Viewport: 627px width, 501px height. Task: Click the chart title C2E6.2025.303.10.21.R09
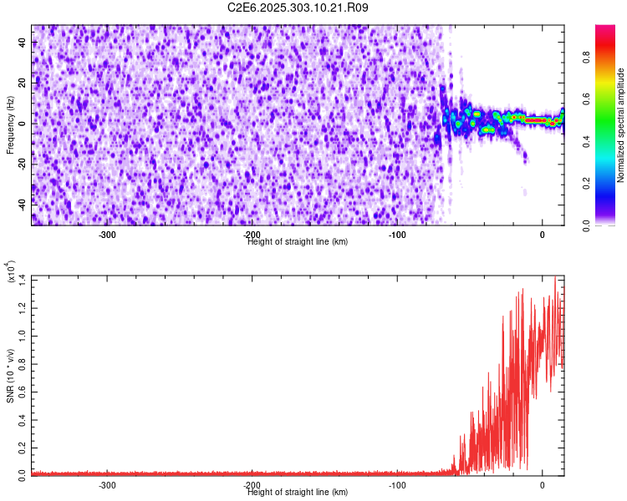(x=298, y=8)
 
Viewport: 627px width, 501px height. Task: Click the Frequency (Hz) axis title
(x=10, y=125)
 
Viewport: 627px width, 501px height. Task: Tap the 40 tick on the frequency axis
(x=23, y=44)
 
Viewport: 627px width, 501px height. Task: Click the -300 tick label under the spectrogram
(x=107, y=235)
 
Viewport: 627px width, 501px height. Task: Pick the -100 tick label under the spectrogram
(x=397, y=235)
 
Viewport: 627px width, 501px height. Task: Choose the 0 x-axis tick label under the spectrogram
(x=543, y=235)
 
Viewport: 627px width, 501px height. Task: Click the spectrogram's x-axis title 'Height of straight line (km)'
(x=298, y=242)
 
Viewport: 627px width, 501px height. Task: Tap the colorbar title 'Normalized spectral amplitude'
(x=621, y=125)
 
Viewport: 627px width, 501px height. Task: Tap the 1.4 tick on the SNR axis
(x=23, y=278)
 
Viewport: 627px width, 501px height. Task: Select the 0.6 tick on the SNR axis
(x=23, y=390)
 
